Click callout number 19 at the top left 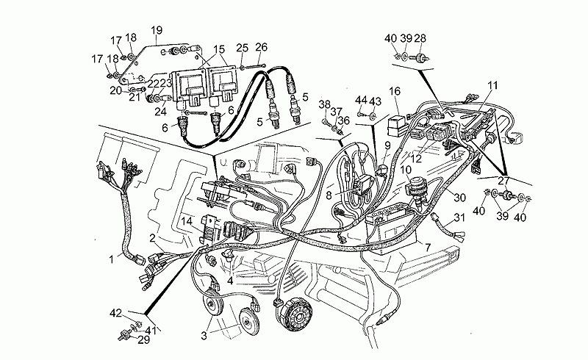click(156, 30)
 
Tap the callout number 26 click(261, 48)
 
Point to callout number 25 click(243, 48)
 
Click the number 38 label click(324, 104)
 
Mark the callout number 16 click(395, 91)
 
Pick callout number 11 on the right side click(492, 85)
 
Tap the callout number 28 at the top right click(420, 38)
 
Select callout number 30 click(459, 198)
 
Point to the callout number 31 click(459, 217)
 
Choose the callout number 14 click(187, 220)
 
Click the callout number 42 click(115, 314)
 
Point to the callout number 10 click(405, 170)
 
